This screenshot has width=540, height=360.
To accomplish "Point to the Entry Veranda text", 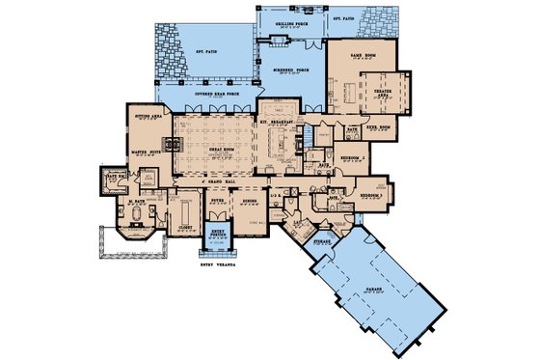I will (x=218, y=263).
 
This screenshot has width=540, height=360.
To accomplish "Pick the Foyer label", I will (x=218, y=200).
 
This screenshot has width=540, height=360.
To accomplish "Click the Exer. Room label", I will (x=379, y=126).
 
